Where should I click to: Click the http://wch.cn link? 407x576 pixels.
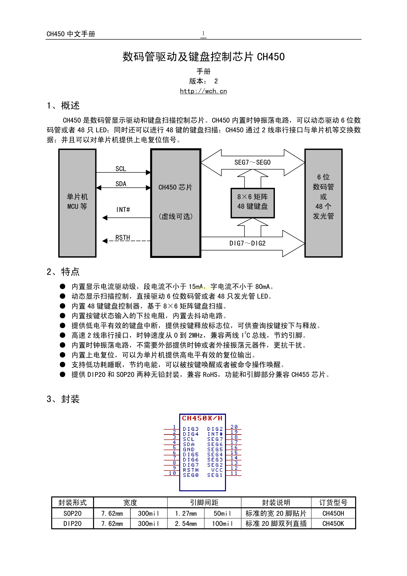[203, 91]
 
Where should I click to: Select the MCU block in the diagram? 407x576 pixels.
[77, 203]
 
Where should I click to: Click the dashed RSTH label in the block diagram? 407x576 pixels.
[123, 238]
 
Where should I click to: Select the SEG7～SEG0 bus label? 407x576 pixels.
[252, 163]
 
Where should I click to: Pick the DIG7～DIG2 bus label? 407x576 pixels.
[247, 243]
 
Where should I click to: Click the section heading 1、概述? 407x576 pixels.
[63, 106]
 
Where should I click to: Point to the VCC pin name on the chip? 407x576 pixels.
[217, 470]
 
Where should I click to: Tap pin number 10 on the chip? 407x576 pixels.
[172, 473]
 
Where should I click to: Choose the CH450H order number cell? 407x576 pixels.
[333, 513]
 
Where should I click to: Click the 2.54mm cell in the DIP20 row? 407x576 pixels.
[186, 524]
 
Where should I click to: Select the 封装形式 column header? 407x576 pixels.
[73, 502]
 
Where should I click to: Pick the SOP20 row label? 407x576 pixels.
[73, 513]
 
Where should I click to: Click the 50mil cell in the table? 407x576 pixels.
[222, 513]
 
